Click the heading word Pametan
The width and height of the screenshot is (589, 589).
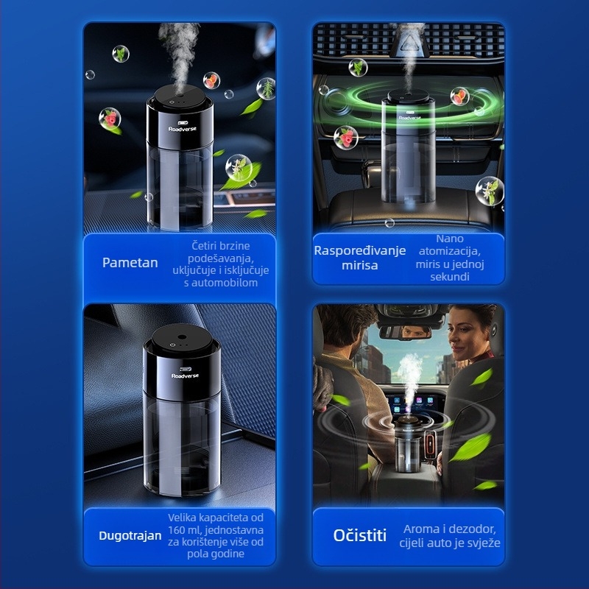[x=130, y=263]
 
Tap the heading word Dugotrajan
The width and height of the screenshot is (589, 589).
[x=130, y=536]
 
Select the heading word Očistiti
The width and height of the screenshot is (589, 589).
[x=360, y=536]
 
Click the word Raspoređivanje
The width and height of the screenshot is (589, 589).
[x=360, y=251]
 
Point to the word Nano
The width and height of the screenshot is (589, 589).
[x=450, y=239]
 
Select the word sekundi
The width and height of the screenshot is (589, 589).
[x=450, y=277]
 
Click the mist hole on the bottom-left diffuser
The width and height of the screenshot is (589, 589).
[x=182, y=337]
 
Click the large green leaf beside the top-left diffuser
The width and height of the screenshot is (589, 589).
[x=241, y=177]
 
